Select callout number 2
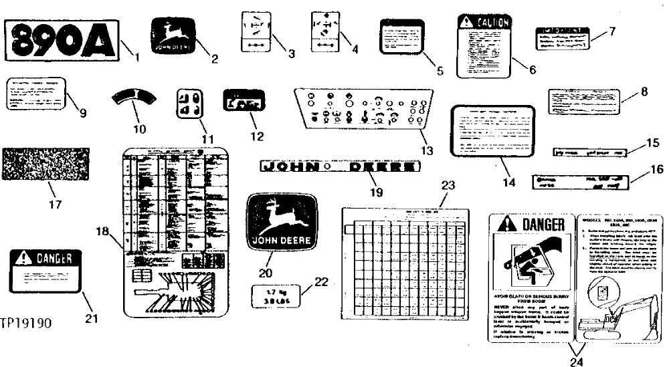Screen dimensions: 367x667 (x=215, y=59)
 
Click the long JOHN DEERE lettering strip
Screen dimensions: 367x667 (x=340, y=165)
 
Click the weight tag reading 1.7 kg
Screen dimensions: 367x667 (x=274, y=295)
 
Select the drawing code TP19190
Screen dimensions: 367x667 (x=27, y=323)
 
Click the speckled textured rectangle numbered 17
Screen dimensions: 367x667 (x=46, y=164)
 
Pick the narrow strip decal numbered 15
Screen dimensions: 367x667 (x=589, y=152)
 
